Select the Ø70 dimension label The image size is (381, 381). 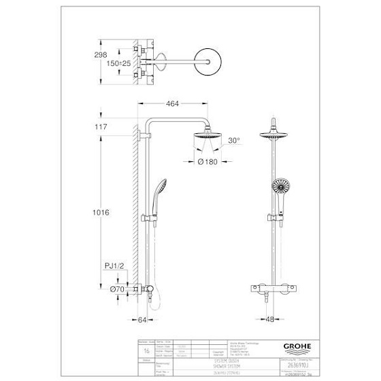pos(120,288)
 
